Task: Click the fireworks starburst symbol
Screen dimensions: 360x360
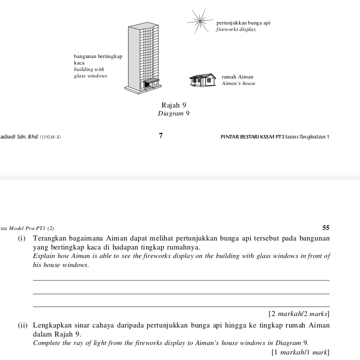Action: click(x=199, y=21)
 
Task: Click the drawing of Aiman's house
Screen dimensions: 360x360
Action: click(x=204, y=79)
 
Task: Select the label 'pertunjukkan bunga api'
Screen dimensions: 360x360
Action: click(x=243, y=23)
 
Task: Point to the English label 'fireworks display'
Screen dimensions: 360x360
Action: click(x=235, y=29)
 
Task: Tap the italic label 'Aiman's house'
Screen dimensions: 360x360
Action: click(x=238, y=83)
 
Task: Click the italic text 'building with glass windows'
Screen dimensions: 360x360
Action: click(x=90, y=72)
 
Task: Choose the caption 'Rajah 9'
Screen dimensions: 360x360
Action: click(x=173, y=105)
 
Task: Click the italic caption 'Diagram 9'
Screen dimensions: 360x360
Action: click(x=173, y=113)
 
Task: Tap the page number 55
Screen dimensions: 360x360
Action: click(x=325, y=227)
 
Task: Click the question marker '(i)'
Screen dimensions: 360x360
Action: click(x=22, y=238)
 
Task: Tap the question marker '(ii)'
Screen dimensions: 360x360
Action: click(x=22, y=325)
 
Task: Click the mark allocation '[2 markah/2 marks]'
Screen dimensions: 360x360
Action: click(x=298, y=314)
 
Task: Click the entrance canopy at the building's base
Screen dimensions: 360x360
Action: click(x=151, y=80)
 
